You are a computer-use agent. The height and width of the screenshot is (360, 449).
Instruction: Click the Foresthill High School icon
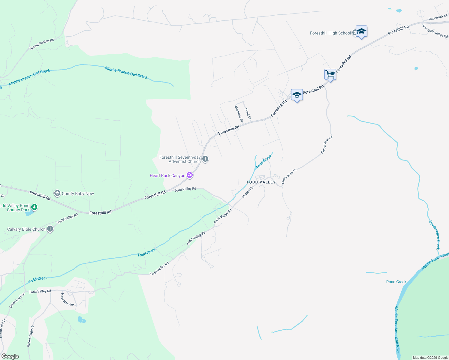[x=361, y=31]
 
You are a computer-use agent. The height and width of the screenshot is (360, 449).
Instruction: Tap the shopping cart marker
[x=330, y=74]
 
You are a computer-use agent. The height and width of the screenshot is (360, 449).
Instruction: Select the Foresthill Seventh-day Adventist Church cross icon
[x=205, y=159]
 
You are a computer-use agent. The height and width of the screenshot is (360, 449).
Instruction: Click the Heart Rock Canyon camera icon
[x=189, y=175]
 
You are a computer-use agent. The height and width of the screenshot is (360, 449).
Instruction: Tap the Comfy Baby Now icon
[x=57, y=193]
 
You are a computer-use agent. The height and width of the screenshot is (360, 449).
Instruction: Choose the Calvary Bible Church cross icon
[x=50, y=229]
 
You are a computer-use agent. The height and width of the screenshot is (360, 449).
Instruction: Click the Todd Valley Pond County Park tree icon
[x=34, y=207]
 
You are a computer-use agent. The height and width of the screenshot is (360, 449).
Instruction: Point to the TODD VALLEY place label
[x=261, y=182]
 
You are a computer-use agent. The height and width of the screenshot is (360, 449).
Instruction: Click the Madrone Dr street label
[x=239, y=114]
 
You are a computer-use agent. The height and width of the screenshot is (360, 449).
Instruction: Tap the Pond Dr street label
[x=248, y=114]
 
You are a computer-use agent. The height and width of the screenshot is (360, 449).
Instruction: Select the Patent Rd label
[x=248, y=192]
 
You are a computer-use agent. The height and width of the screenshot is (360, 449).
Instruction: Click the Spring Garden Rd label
[x=42, y=44]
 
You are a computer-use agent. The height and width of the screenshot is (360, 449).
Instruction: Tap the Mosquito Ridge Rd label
[x=435, y=31]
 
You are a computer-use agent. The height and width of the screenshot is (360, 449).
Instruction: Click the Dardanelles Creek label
[x=434, y=235]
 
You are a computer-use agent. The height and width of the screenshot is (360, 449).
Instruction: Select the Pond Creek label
[x=396, y=282]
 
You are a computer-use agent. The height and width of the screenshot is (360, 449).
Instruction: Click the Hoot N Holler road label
[x=67, y=299]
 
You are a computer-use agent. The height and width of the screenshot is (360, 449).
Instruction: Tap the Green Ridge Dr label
[x=31, y=336]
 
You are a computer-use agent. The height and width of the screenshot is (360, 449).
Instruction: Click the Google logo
[x=10, y=356]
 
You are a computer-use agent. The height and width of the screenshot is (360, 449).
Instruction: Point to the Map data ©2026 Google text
[x=430, y=358]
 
